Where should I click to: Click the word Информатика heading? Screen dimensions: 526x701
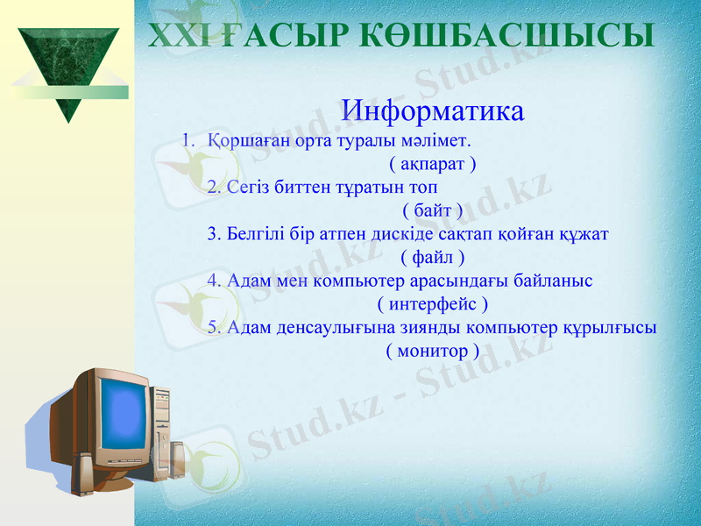[x=433, y=111]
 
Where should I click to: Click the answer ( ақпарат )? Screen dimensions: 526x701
[x=432, y=163]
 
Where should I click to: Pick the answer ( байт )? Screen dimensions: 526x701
[x=432, y=210]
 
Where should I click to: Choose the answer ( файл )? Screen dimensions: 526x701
[x=432, y=257]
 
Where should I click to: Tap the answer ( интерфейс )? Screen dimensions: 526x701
[x=432, y=304]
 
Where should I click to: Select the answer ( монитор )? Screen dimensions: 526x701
[x=432, y=351]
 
